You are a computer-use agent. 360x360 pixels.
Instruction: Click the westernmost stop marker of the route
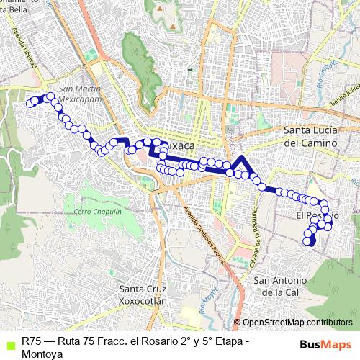click(30, 103)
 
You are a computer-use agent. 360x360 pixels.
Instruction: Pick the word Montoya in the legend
click(42, 353)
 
